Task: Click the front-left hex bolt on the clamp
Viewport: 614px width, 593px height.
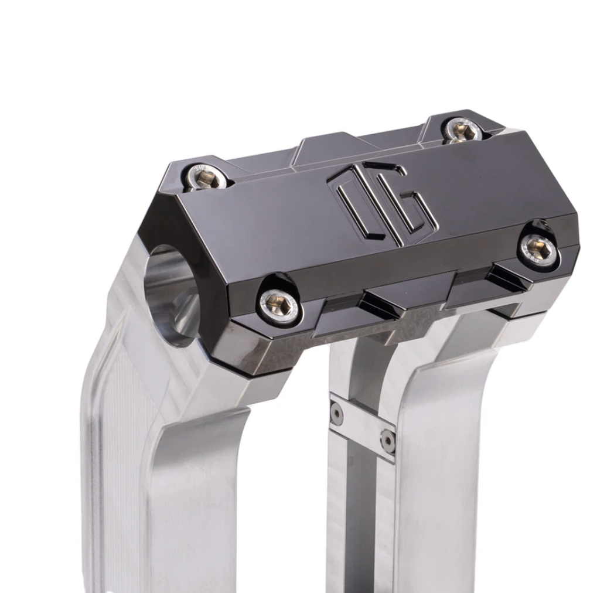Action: tap(279, 304)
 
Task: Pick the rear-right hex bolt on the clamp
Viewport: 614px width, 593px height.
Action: tap(464, 131)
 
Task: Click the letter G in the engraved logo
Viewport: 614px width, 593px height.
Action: tap(410, 206)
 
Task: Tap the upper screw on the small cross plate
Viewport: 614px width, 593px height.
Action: tap(337, 414)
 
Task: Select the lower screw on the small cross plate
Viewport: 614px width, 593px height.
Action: tap(387, 439)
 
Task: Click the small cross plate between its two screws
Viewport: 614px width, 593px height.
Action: tap(361, 427)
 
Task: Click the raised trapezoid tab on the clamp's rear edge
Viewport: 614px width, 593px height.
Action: tap(328, 146)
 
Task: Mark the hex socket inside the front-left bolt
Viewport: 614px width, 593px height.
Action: tap(279, 304)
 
